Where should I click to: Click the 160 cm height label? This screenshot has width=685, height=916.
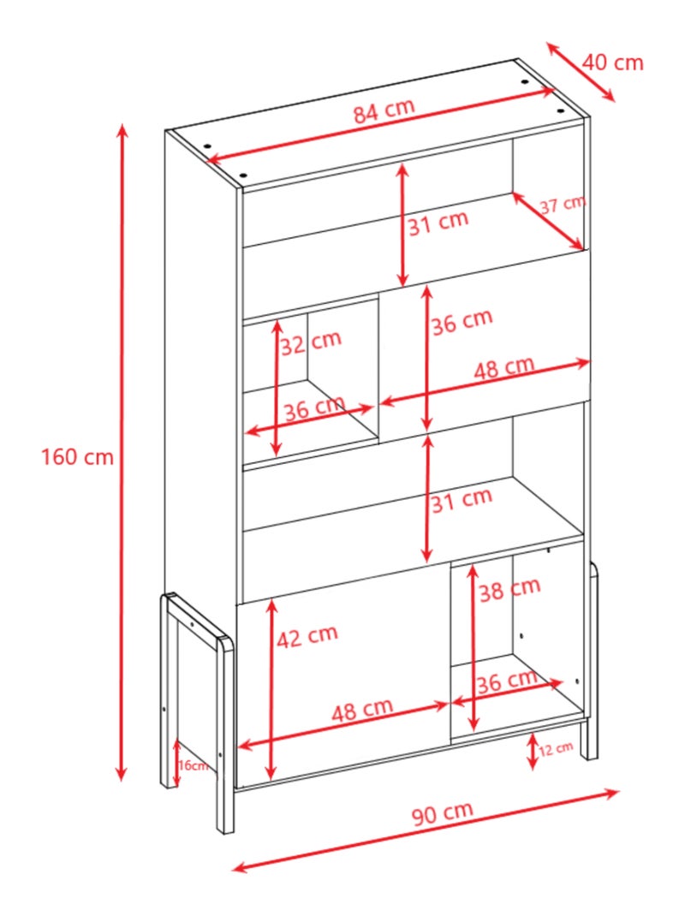click(77, 456)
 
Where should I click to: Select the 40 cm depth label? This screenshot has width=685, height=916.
click(612, 62)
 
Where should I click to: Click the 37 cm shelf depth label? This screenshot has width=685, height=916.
click(563, 205)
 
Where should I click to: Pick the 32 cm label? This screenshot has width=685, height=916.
click(311, 342)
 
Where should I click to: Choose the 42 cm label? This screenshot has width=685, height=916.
click(307, 636)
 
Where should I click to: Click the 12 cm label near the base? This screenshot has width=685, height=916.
click(555, 748)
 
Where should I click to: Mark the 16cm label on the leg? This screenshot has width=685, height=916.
click(193, 764)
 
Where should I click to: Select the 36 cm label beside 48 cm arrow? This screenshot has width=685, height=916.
click(462, 320)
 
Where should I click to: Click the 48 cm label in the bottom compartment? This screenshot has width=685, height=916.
click(362, 710)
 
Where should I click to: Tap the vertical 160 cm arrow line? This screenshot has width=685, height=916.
click(122, 452)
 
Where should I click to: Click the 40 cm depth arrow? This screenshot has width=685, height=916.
click(581, 72)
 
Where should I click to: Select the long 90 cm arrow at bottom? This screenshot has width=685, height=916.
click(426, 830)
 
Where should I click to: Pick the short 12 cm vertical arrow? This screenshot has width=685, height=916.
click(532, 752)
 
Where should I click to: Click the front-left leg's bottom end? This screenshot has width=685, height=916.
click(225, 830)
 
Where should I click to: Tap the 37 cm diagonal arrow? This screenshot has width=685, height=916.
click(548, 220)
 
